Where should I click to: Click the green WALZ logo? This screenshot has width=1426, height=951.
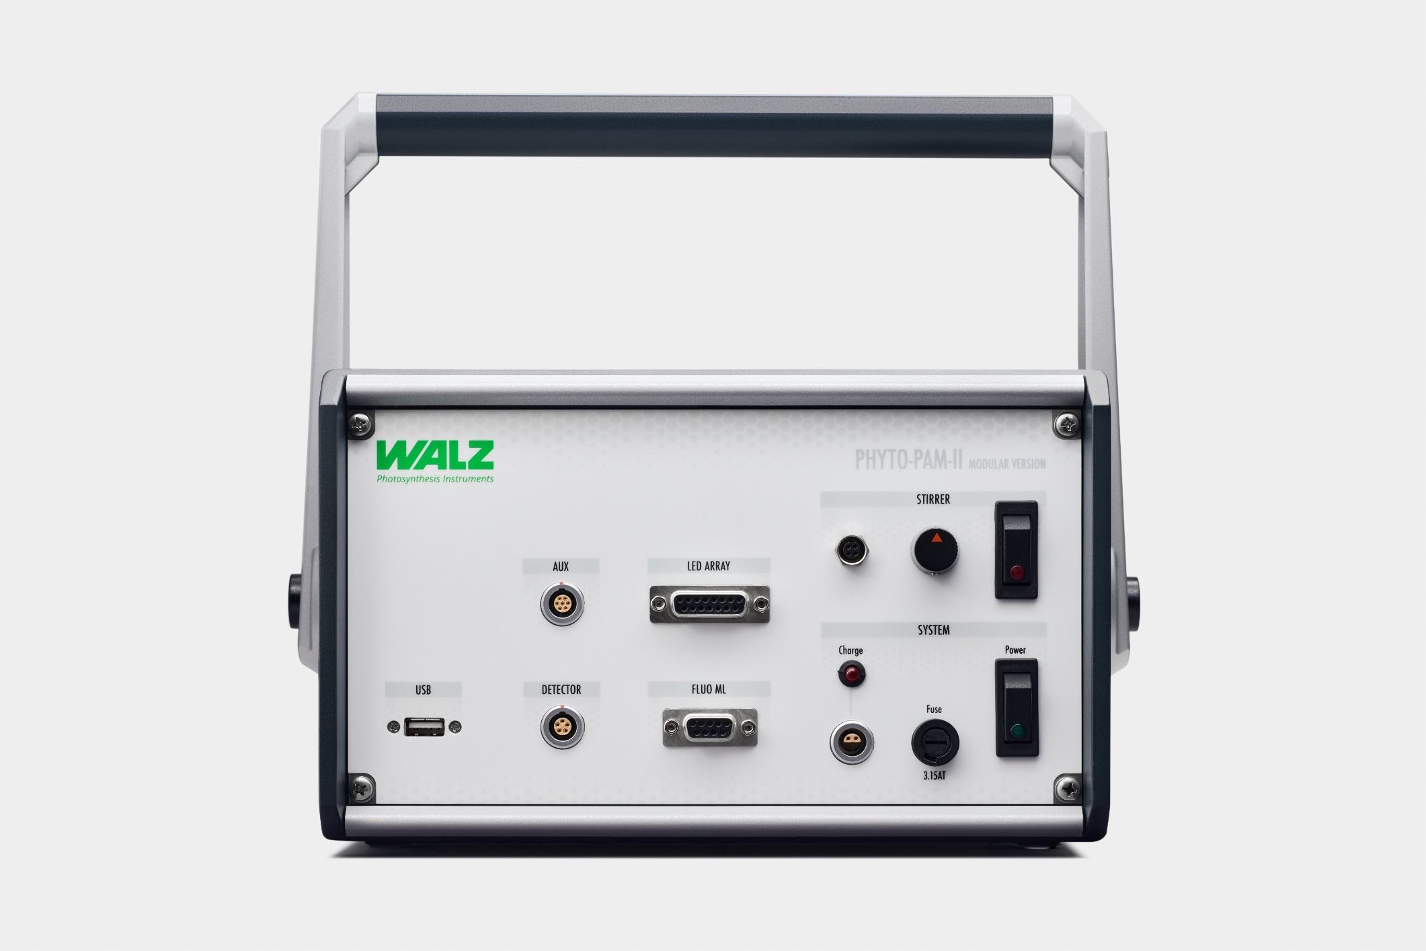(435, 455)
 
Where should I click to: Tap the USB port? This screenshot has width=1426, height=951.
(424, 727)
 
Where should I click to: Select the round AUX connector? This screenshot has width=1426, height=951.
(561, 605)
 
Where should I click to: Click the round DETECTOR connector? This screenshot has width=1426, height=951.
(562, 727)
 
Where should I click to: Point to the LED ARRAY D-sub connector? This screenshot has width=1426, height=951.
(709, 604)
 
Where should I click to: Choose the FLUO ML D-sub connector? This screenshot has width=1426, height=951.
(709, 727)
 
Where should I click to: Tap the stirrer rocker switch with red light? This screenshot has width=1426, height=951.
(1016, 550)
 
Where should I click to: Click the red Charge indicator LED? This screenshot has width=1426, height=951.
(852, 674)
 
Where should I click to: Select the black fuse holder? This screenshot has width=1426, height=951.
(935, 743)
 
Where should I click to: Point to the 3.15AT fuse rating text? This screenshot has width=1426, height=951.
(935, 775)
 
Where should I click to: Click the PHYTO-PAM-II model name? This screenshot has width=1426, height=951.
(908, 461)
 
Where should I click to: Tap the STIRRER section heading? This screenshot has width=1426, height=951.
(933, 499)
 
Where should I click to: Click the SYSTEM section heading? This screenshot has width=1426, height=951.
(933, 630)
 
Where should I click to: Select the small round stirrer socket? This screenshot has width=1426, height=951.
(853, 552)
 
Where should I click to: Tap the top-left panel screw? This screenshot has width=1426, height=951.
(360, 424)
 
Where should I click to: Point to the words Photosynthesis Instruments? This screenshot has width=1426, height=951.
(435, 479)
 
